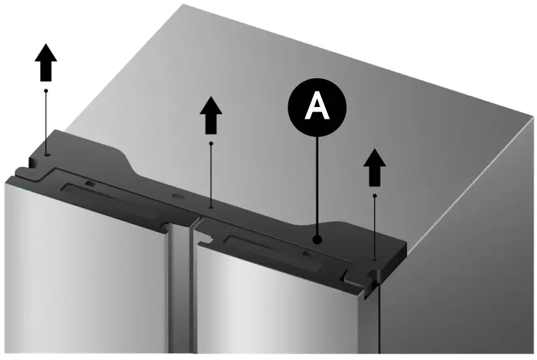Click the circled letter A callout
click(x=318, y=106)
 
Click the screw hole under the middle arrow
click(x=210, y=207)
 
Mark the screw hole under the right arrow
click(x=375, y=259)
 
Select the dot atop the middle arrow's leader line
click(x=210, y=142)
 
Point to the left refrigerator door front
click(x=85, y=274)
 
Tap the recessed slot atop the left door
click(x=111, y=199)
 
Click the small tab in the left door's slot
click(x=89, y=185)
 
